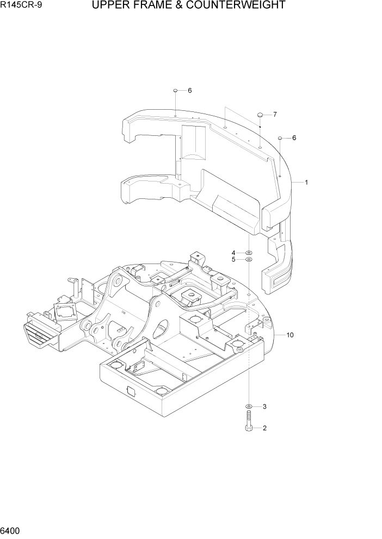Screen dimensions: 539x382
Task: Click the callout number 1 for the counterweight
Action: (306, 183)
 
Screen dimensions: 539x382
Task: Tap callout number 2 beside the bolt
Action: (264, 428)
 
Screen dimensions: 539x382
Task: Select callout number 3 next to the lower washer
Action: (264, 406)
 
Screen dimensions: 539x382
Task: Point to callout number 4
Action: (233, 253)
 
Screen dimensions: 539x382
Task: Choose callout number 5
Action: (233, 260)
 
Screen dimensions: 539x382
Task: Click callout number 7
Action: (275, 115)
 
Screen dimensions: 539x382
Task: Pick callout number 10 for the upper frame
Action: (289, 335)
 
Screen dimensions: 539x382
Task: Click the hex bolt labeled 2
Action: (249, 423)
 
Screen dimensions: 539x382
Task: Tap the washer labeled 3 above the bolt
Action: (249, 406)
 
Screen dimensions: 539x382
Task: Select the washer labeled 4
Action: (249, 253)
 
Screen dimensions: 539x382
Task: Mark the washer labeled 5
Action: (249, 260)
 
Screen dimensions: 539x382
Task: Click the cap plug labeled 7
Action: (260, 115)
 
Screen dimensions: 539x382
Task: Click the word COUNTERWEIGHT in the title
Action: (239, 6)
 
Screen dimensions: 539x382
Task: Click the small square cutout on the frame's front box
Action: (132, 391)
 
